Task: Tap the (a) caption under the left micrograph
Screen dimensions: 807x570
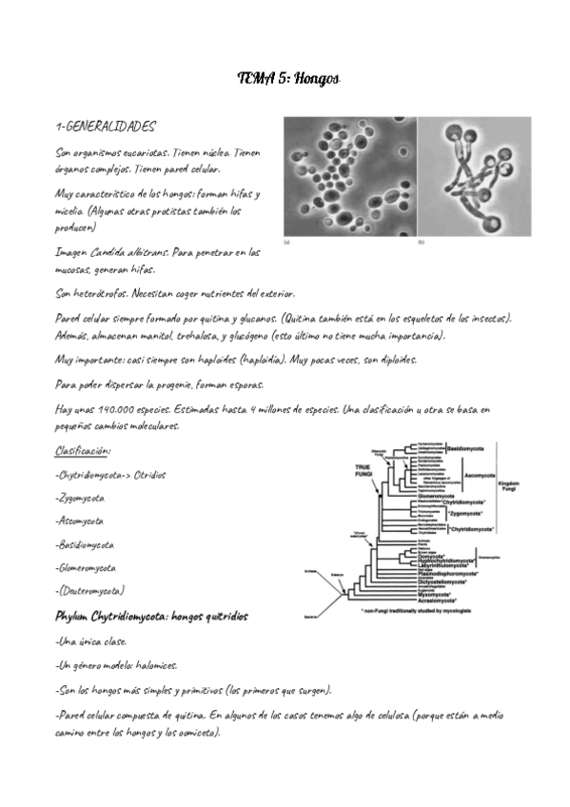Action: pos(287,244)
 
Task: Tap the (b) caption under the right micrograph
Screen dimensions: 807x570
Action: pos(421,244)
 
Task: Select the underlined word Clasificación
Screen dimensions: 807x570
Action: pos(83,450)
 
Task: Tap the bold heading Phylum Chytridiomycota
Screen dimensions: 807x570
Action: pos(120,615)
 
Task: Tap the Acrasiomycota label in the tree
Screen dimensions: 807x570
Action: pos(453,602)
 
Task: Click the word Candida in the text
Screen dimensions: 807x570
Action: pos(111,252)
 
